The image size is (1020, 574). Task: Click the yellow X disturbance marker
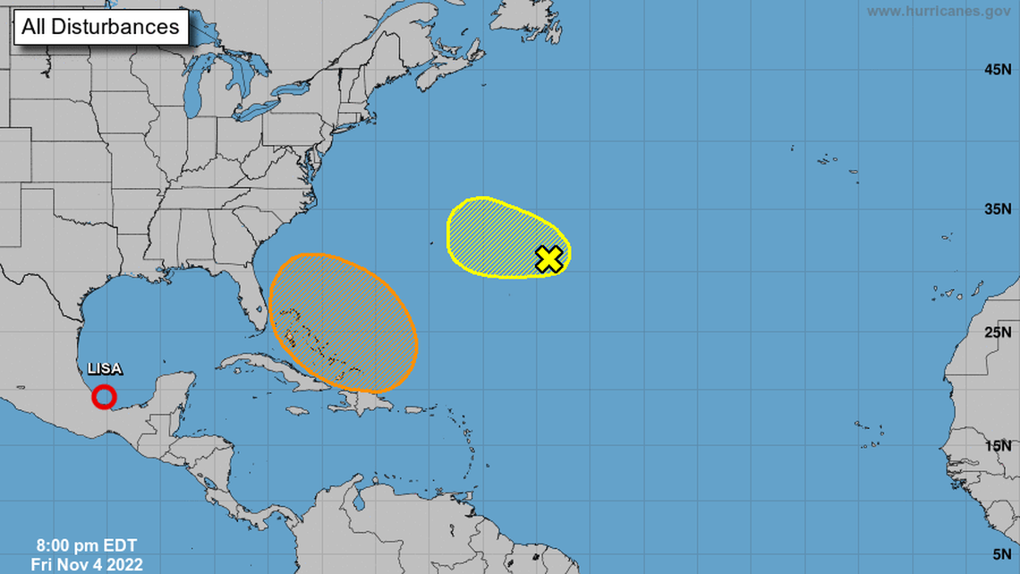pos(549,259)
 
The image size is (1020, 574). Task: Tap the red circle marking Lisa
pos(104,396)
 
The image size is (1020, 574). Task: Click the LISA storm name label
pos(105,369)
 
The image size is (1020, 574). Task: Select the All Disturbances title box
pos(100,27)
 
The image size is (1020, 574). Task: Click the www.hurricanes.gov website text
pos(939,11)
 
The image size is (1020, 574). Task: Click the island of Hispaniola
pos(358,403)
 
